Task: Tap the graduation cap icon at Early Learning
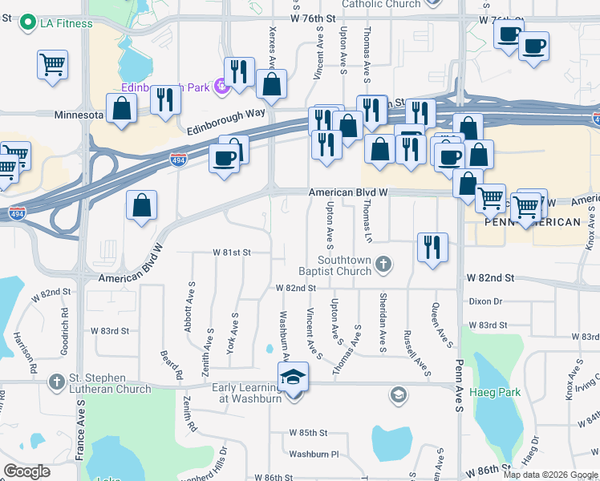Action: coord(294,376)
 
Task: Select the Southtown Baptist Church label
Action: coord(345,265)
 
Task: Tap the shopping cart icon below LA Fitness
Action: coord(52,63)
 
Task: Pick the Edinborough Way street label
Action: coord(225,121)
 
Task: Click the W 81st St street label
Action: coord(232,252)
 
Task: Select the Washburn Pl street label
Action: coord(314,454)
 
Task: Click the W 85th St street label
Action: coord(309,433)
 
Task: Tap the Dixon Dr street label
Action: coord(486,301)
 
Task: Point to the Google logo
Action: coord(26,471)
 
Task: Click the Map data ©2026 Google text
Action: coord(550,475)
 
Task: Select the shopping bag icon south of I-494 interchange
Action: coord(141,204)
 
